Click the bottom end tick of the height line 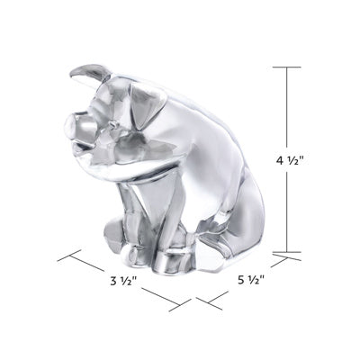[x=288, y=255]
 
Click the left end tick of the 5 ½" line [x=208, y=303]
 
